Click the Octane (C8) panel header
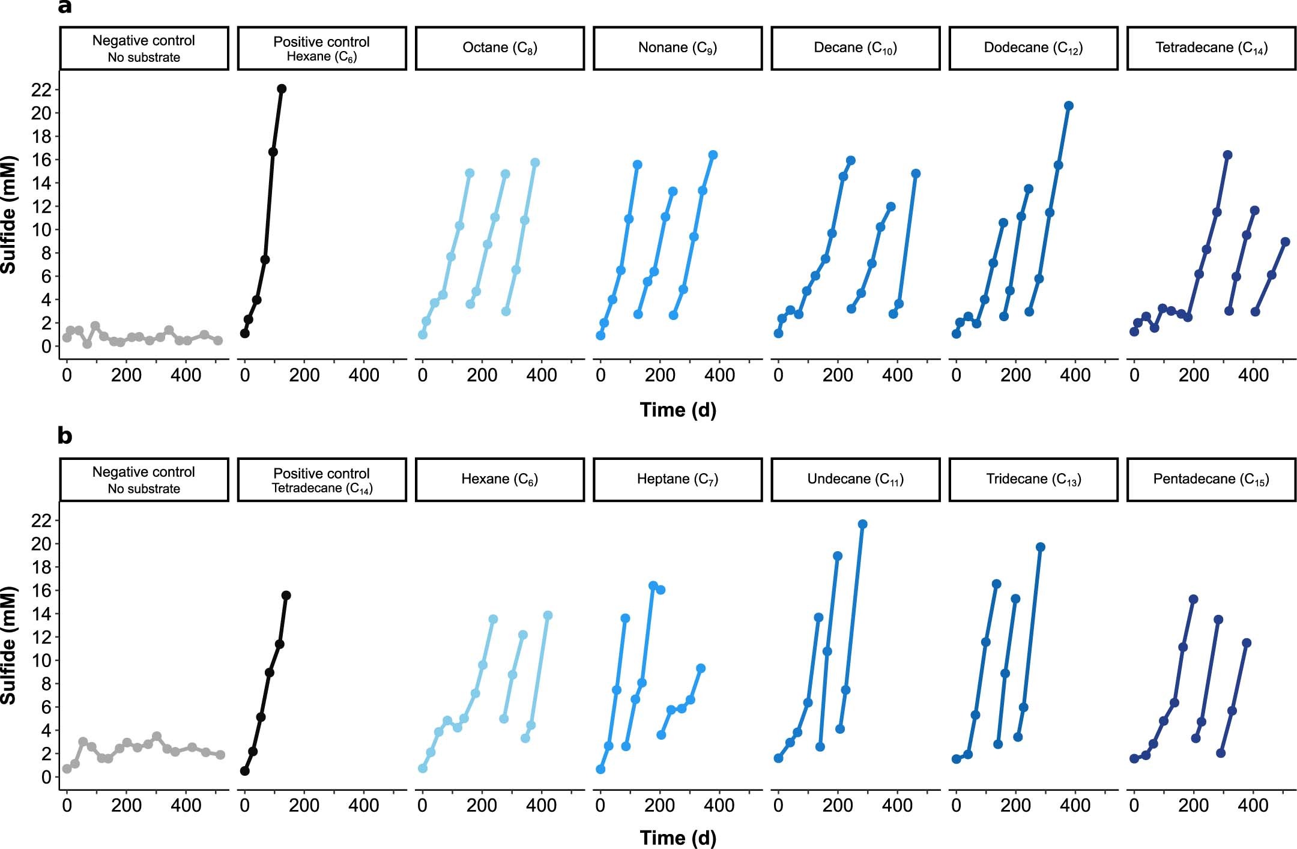point(500,48)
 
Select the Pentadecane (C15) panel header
point(1211,479)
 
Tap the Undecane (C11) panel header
point(855,479)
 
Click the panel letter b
point(64,435)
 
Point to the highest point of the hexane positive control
point(282,89)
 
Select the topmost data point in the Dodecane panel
point(1069,106)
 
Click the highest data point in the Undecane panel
point(863,524)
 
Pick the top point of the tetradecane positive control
point(286,595)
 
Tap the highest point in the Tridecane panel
point(1041,547)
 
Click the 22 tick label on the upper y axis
point(41,89)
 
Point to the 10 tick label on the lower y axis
point(41,660)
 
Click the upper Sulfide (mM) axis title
point(8,215)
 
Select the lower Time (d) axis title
point(678,837)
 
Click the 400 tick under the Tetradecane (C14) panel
point(1253,375)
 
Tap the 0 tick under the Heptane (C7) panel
point(600,805)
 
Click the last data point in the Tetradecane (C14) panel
point(1285,242)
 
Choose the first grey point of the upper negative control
point(67,337)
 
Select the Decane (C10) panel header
point(855,48)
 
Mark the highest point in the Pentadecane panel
point(1193,599)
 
